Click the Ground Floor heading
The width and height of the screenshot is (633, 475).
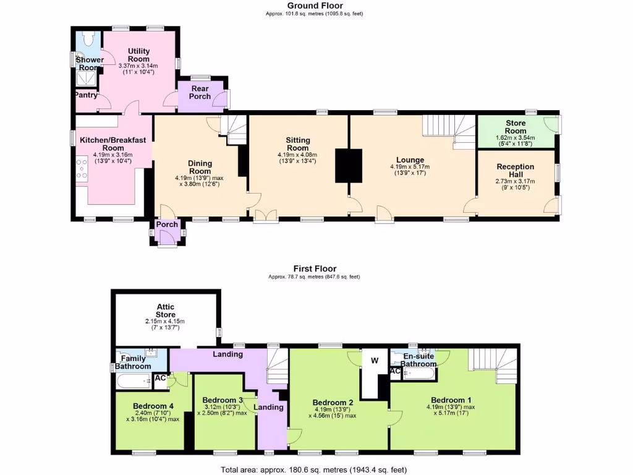click(315, 6)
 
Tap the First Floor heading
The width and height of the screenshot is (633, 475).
click(315, 268)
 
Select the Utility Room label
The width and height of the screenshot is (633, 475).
click(138, 54)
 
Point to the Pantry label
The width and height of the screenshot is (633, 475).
click(86, 95)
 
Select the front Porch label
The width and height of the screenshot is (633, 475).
click(166, 225)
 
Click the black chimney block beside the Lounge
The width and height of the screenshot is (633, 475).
click(348, 165)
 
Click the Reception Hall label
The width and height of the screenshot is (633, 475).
click(516, 171)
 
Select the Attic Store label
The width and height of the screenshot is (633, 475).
click(165, 310)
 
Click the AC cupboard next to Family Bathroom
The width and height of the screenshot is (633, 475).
click(160, 378)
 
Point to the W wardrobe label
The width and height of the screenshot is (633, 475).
click(374, 360)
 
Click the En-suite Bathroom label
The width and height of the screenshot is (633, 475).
click(420, 361)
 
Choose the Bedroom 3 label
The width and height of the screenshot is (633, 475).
click(223, 400)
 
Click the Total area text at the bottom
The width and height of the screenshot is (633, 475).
click(314, 470)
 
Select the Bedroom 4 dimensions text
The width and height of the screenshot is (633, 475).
click(153, 416)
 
